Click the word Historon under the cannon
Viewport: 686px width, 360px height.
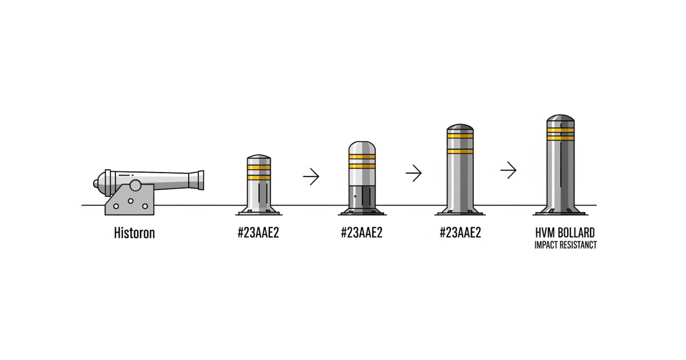134,233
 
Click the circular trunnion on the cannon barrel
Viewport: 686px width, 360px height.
135,185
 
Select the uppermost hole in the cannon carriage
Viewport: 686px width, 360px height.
130,201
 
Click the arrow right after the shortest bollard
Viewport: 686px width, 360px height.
311,177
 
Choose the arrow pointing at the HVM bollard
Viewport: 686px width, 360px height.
508,170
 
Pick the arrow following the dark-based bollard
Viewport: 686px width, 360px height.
413,173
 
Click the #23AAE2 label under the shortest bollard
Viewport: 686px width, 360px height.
258,233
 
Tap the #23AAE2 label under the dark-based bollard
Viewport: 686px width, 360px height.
361,233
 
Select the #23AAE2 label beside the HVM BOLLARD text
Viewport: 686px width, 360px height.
460,233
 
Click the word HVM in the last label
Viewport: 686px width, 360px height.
545,234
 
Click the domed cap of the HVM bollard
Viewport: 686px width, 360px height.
560,119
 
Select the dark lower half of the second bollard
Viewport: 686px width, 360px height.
361,198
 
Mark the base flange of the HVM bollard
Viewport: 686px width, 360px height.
560,212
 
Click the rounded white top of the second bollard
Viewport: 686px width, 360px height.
361,147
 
